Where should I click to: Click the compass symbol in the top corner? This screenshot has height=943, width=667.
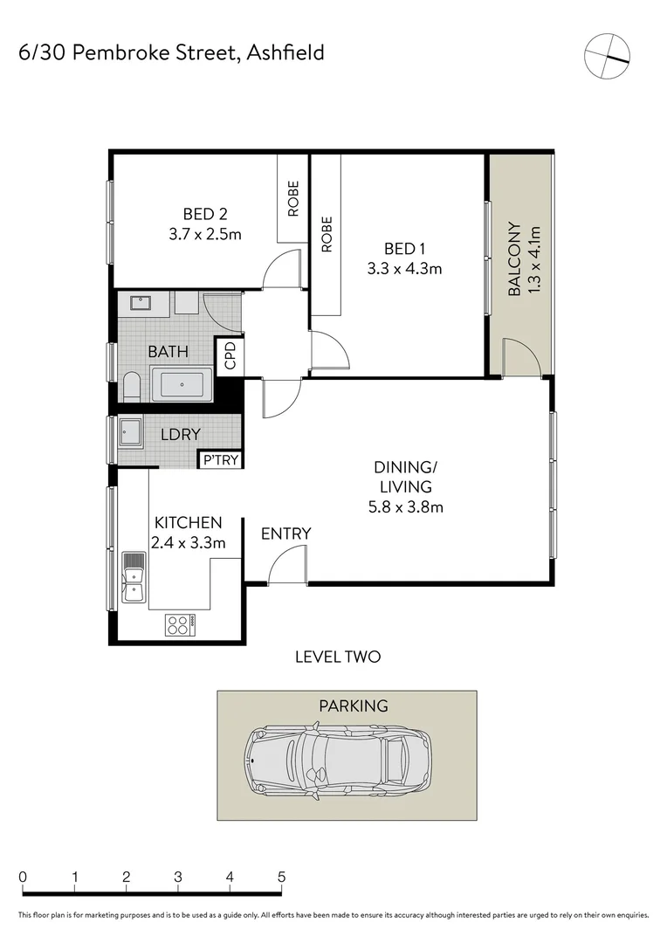(x=607, y=56)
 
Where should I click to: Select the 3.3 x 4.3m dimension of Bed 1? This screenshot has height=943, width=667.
(x=404, y=268)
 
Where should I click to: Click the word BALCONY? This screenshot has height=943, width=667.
(x=514, y=259)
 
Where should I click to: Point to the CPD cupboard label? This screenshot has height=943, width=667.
(x=230, y=356)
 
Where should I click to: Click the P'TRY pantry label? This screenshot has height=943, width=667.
(x=220, y=460)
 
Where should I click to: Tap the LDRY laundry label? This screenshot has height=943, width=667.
(x=181, y=434)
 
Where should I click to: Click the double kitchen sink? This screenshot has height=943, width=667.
(x=134, y=577)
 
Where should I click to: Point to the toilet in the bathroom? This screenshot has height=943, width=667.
(x=132, y=386)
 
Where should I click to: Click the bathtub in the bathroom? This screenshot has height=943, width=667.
(x=182, y=384)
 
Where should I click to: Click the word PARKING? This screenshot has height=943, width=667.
(x=353, y=706)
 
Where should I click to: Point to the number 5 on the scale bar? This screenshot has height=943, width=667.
(x=281, y=877)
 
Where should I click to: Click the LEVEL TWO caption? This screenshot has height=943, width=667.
(x=338, y=657)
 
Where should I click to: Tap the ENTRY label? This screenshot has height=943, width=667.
(x=285, y=533)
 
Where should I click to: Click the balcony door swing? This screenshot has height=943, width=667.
(x=522, y=359)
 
